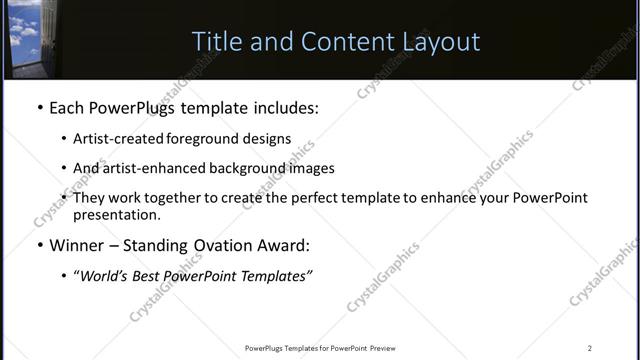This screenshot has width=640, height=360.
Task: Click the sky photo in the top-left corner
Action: tap(27, 35)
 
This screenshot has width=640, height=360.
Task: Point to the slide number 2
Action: tap(590, 348)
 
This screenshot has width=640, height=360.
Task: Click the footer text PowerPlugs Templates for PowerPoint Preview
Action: tap(320, 348)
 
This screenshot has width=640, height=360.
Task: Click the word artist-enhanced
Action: tap(149, 168)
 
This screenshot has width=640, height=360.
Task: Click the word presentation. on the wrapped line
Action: tap(116, 215)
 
